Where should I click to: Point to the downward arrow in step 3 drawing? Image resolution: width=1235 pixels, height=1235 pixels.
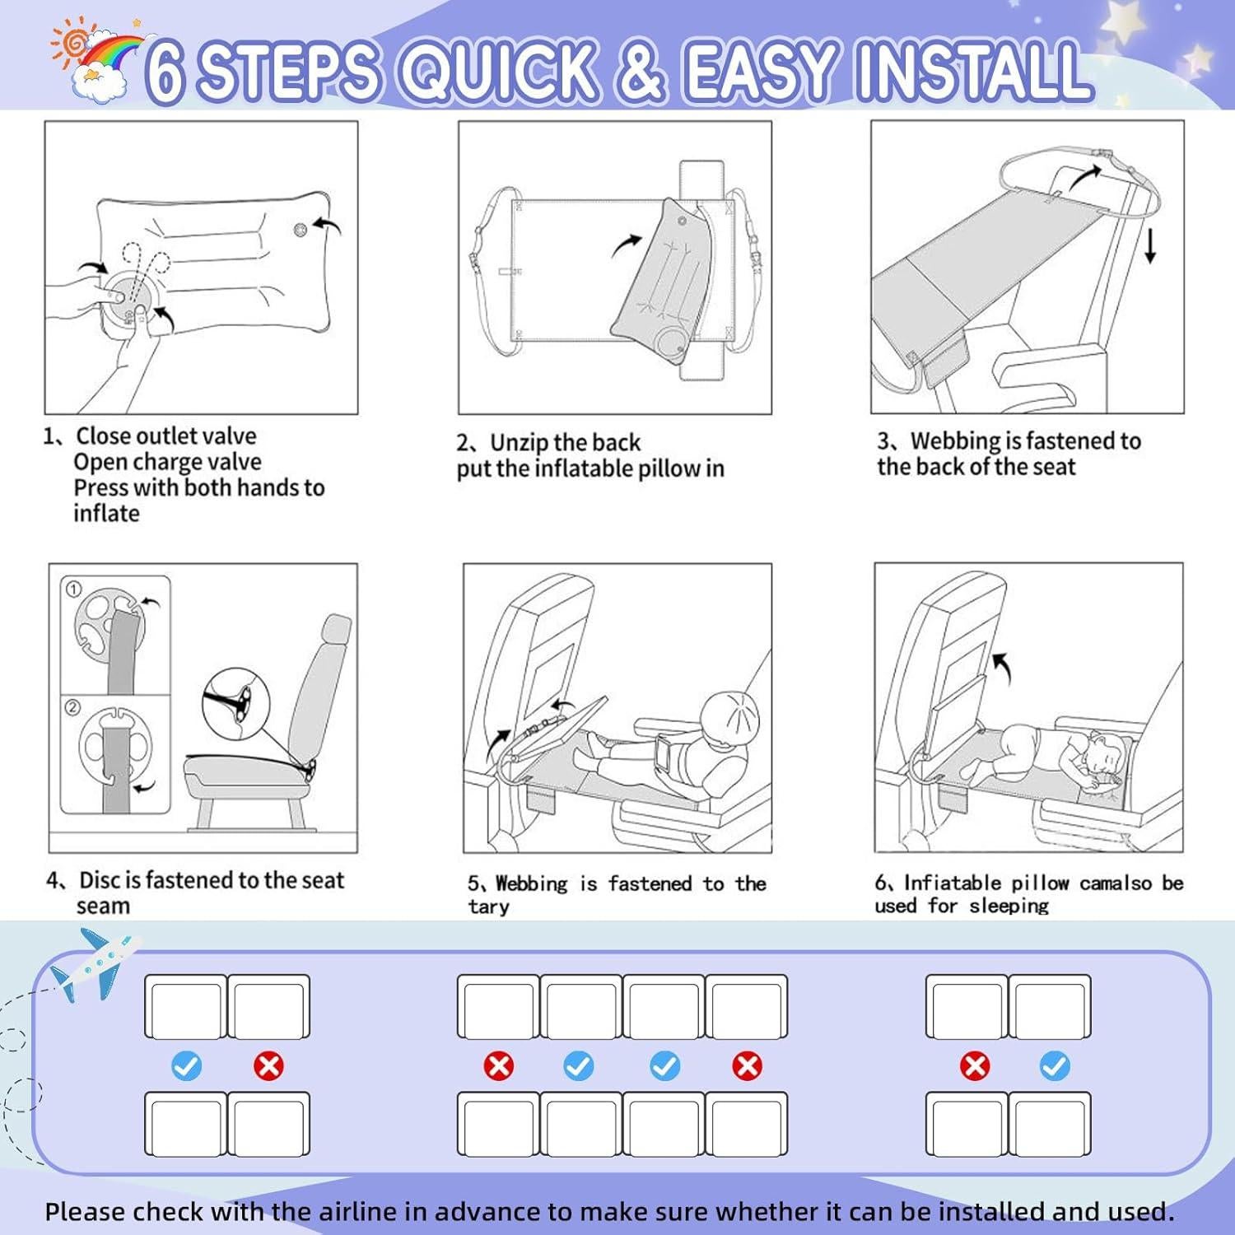1150,246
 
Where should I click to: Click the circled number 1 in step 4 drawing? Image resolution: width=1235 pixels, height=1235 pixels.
74,590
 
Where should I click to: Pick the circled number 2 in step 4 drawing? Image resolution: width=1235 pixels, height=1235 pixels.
73,707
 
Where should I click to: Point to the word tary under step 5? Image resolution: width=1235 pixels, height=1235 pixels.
489,907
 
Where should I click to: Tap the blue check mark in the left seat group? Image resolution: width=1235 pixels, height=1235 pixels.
186,1066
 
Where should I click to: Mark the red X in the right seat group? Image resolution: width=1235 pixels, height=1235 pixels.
975,1066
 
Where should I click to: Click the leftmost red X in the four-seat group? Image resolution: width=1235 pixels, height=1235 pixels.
498,1066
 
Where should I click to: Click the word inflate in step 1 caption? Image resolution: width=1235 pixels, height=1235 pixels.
106,513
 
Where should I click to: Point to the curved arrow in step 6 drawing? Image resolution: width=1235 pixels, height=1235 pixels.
1003,668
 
